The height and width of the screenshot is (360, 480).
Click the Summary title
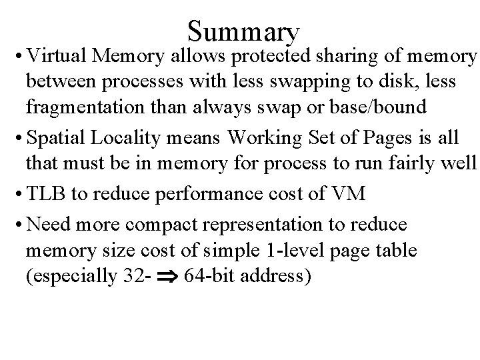click(244, 31)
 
